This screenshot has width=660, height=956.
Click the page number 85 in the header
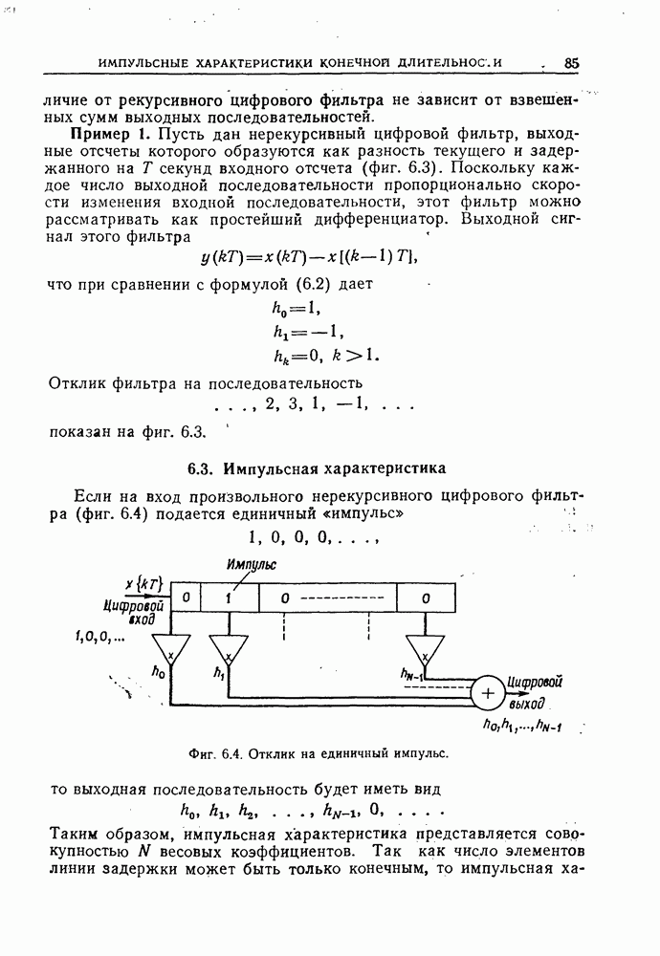click(572, 62)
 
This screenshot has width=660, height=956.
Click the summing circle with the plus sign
click(488, 693)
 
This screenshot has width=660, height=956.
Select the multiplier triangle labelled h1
click(229, 651)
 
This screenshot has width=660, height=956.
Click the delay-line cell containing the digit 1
click(230, 597)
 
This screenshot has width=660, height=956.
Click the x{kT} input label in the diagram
click(144, 583)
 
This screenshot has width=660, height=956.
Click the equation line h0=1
click(296, 308)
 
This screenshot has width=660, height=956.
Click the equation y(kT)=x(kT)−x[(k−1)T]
click(309, 257)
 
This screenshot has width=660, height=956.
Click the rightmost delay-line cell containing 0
click(425, 597)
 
